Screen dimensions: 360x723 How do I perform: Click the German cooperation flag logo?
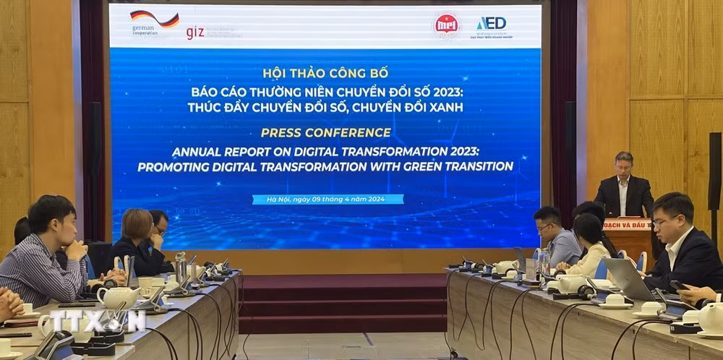point(154,20)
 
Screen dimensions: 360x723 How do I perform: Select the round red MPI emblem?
point(446,25)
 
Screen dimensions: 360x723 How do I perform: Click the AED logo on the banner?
point(492,23)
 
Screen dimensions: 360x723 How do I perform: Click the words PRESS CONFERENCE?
point(325,132)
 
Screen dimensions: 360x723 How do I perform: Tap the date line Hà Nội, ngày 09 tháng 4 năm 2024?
point(328,199)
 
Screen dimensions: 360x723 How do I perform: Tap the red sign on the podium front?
point(628,223)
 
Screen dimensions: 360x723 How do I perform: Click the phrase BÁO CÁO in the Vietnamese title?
point(214,93)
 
